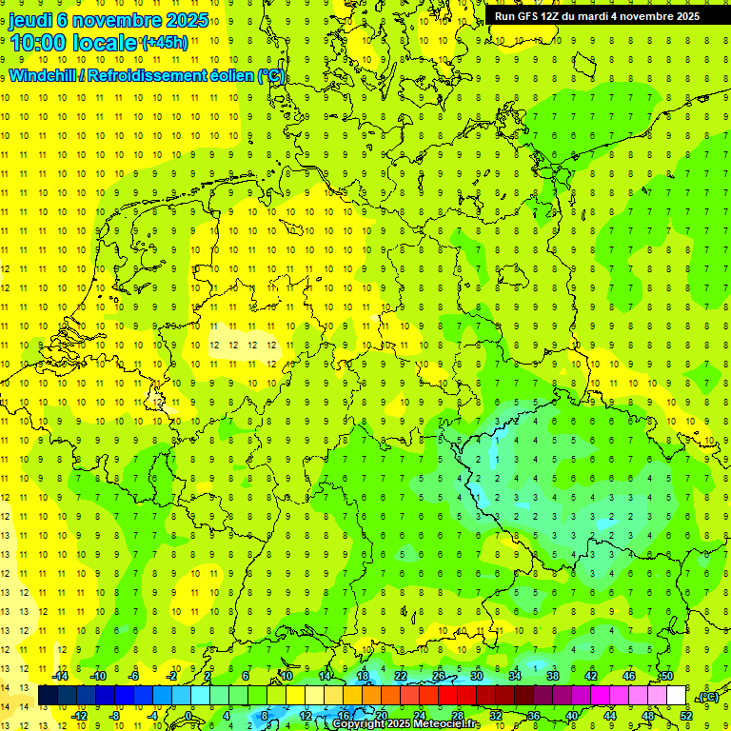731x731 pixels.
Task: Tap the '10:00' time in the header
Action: coord(37,43)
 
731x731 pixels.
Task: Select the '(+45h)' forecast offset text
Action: coord(165,43)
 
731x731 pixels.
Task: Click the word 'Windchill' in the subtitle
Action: coord(45,76)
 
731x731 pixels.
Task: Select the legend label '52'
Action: coord(685,716)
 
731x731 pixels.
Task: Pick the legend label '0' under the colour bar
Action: coord(189,716)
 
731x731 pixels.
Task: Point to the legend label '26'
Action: coord(439,676)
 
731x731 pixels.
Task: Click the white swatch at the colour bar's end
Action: coord(676,696)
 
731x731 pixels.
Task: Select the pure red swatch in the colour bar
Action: coord(448,696)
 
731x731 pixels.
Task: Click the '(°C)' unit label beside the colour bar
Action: coord(707,698)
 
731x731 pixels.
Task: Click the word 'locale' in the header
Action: coord(106,43)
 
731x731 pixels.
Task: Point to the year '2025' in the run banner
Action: coord(682,16)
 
